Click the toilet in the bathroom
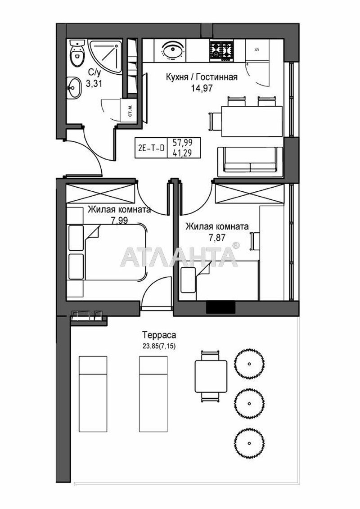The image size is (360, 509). click(77, 54)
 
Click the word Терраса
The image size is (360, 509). click(158, 335)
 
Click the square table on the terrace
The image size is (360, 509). click(211, 374)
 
